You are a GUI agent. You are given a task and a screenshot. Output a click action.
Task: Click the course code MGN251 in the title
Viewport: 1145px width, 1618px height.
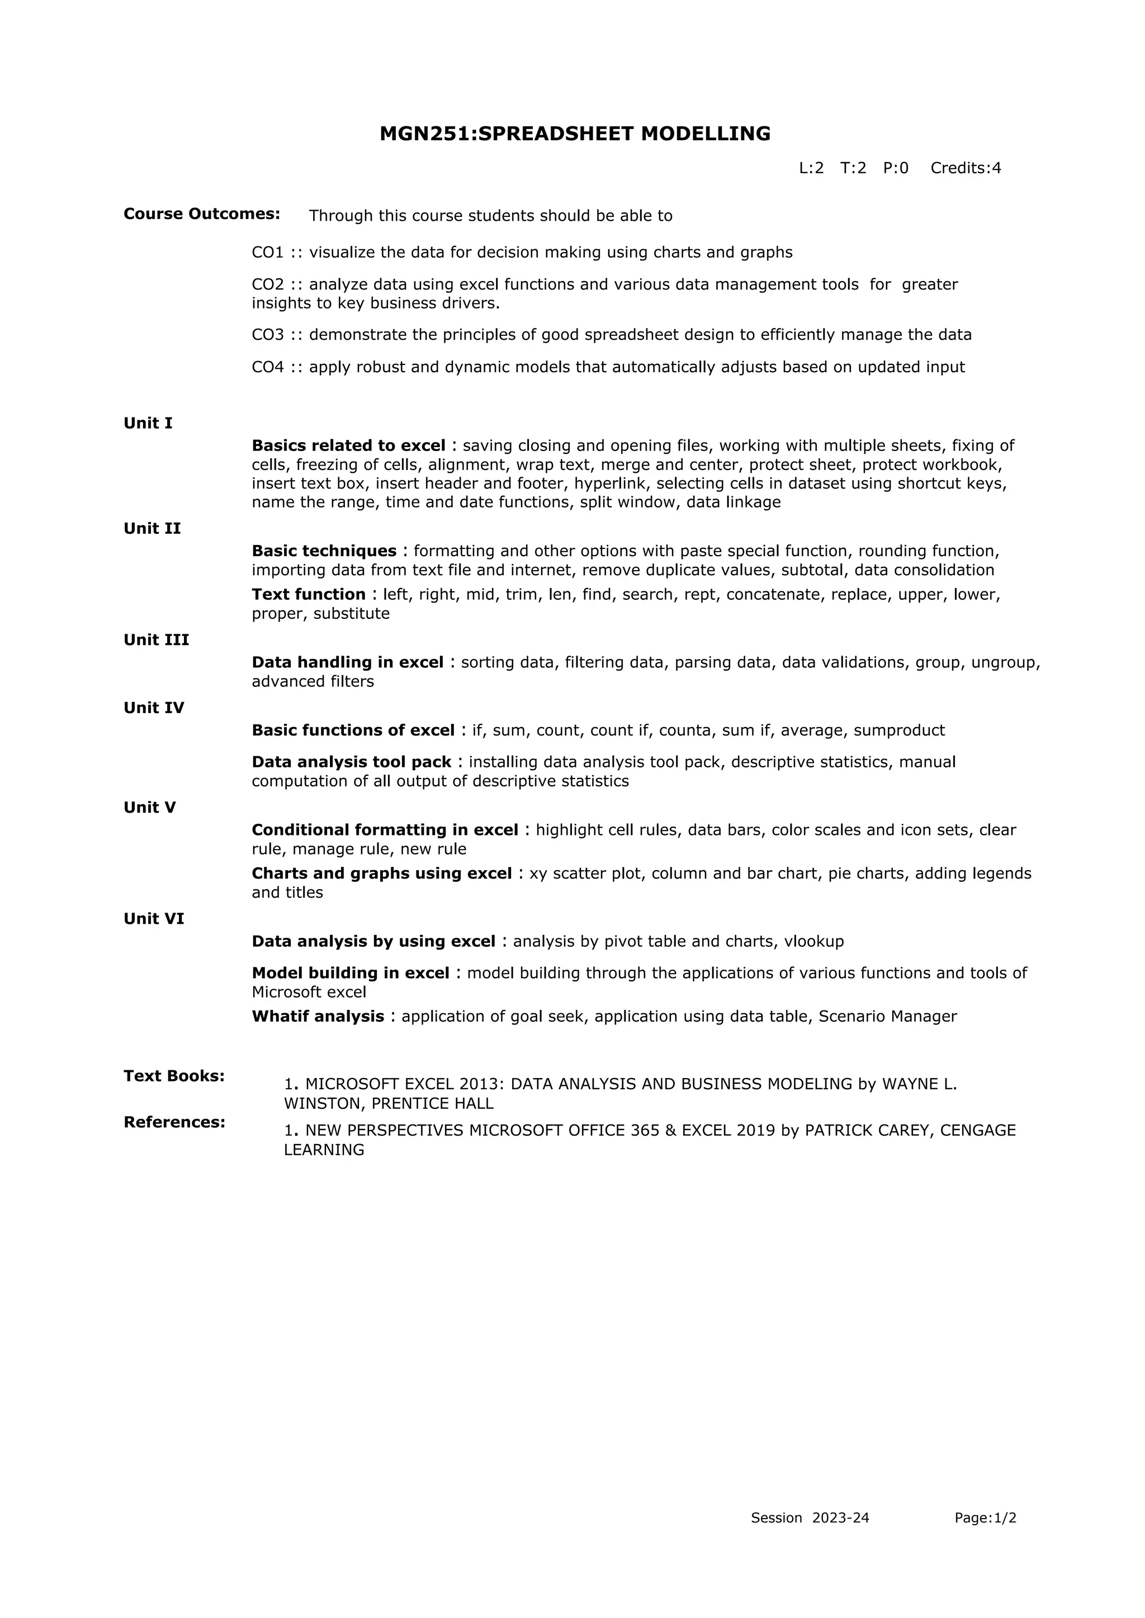[x=423, y=134]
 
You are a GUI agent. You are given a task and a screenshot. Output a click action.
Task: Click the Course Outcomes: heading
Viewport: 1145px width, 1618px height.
[x=202, y=214]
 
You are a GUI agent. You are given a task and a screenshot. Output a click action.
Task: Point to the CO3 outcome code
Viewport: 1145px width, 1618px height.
[x=267, y=335]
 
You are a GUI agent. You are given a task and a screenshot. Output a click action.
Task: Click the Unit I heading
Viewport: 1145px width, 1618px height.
[x=148, y=424]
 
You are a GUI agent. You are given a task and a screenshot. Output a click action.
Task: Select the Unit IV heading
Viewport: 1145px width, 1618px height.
[x=154, y=708]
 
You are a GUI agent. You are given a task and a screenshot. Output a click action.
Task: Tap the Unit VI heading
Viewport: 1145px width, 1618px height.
[x=154, y=919]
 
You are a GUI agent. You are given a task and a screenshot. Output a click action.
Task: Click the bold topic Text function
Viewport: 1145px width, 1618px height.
[x=308, y=595]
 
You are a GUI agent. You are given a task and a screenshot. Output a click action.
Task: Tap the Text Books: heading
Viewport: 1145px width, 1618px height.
[x=174, y=1076]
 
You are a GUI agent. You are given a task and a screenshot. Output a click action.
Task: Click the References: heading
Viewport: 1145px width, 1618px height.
[x=174, y=1122]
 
